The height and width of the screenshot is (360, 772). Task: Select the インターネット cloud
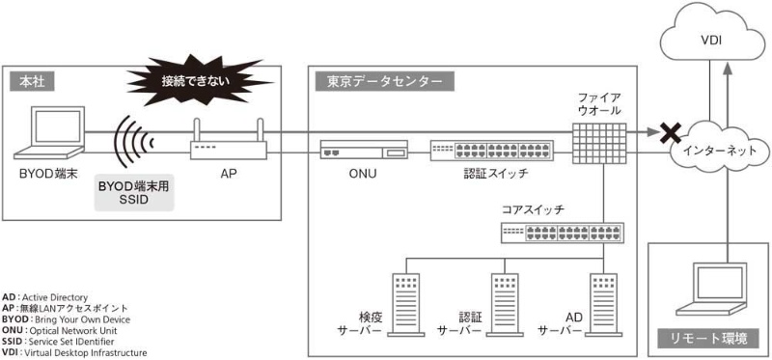tap(715, 152)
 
